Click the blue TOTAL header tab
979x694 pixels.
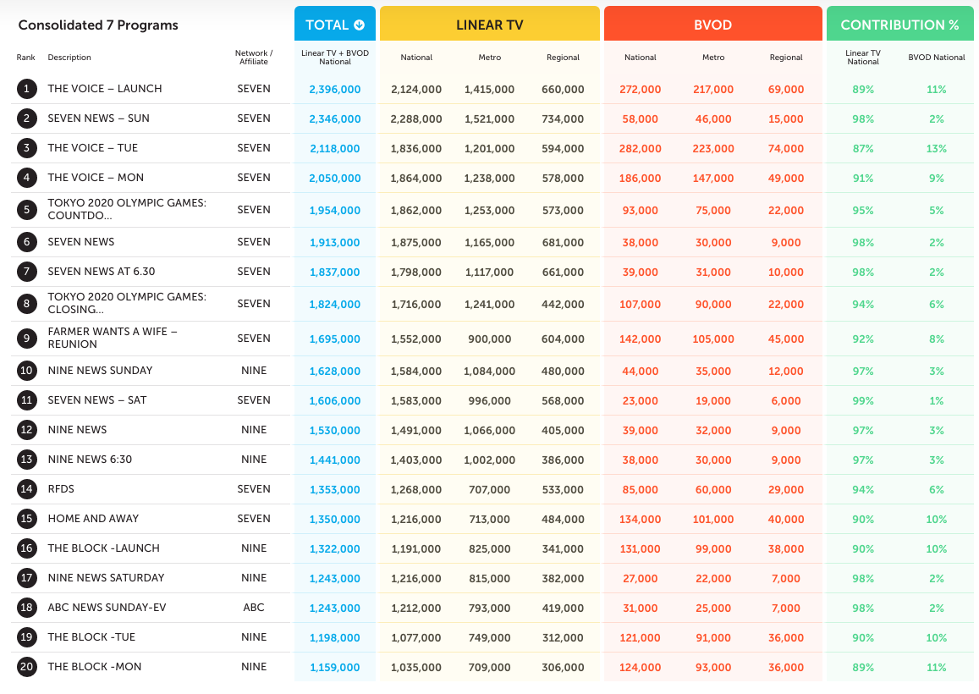(335, 24)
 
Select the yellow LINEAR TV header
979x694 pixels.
(489, 24)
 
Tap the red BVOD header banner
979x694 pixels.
(713, 24)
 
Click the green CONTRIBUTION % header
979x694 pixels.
(899, 24)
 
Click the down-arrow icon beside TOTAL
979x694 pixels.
(359, 25)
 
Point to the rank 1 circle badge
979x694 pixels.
(26, 89)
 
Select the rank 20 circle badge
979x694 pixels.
(26, 667)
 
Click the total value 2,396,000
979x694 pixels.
(335, 90)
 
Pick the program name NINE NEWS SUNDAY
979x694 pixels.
(100, 371)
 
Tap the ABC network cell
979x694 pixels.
(254, 607)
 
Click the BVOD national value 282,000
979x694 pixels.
(640, 149)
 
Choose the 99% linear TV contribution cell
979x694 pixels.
(863, 400)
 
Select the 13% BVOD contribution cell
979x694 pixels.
(937, 149)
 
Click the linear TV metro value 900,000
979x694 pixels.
(489, 339)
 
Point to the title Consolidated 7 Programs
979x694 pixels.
(98, 25)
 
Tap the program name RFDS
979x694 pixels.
(61, 489)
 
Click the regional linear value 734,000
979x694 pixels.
(564, 118)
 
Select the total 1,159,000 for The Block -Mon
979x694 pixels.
(335, 667)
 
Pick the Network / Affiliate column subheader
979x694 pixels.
(254, 58)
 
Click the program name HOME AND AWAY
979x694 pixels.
(94, 519)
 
